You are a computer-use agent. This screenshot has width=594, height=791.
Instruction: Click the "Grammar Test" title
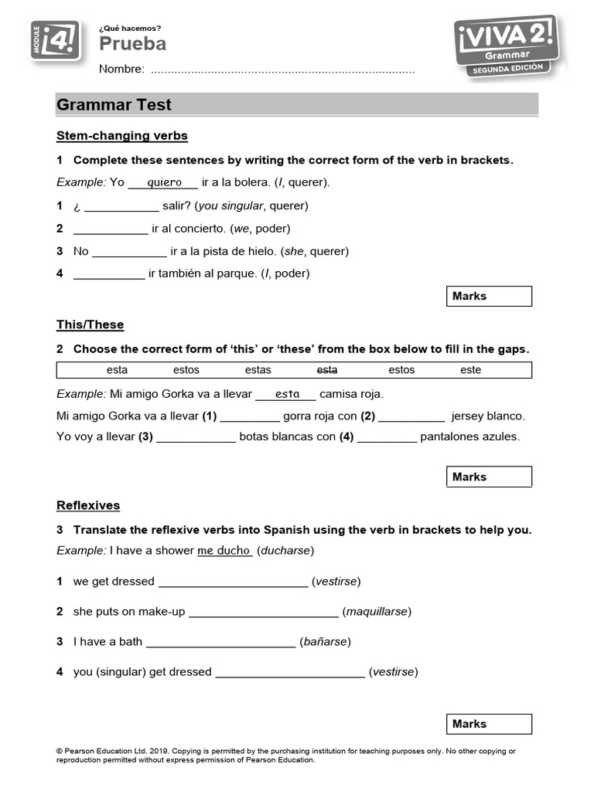coord(114,105)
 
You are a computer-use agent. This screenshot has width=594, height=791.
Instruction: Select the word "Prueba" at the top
coord(132,44)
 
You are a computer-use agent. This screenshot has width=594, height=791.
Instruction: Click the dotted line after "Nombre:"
coord(282,70)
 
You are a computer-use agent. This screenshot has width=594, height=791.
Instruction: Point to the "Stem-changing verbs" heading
coord(122,136)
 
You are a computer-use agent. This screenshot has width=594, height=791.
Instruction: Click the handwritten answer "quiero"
coord(163,182)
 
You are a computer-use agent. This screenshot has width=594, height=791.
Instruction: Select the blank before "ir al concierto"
coord(111,229)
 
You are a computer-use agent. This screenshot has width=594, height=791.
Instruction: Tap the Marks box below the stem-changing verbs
coord(490,297)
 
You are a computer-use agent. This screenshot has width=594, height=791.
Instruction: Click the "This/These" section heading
coord(90,324)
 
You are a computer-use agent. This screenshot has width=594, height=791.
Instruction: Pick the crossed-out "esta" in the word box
coord(327,370)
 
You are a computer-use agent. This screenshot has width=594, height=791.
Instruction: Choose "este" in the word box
coord(470,370)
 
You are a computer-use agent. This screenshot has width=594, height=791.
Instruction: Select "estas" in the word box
coord(258,370)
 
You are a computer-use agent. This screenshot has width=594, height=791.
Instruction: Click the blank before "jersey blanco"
coord(411,416)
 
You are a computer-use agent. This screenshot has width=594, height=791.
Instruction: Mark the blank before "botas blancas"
coord(196,437)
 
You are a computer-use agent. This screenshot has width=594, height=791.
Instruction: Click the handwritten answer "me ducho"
coord(224,551)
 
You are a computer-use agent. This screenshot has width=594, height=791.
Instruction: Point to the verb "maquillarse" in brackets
coord(377,612)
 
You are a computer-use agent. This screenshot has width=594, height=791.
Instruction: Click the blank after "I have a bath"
coord(220,643)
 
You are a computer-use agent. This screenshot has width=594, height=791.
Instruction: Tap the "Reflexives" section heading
coord(88,505)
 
